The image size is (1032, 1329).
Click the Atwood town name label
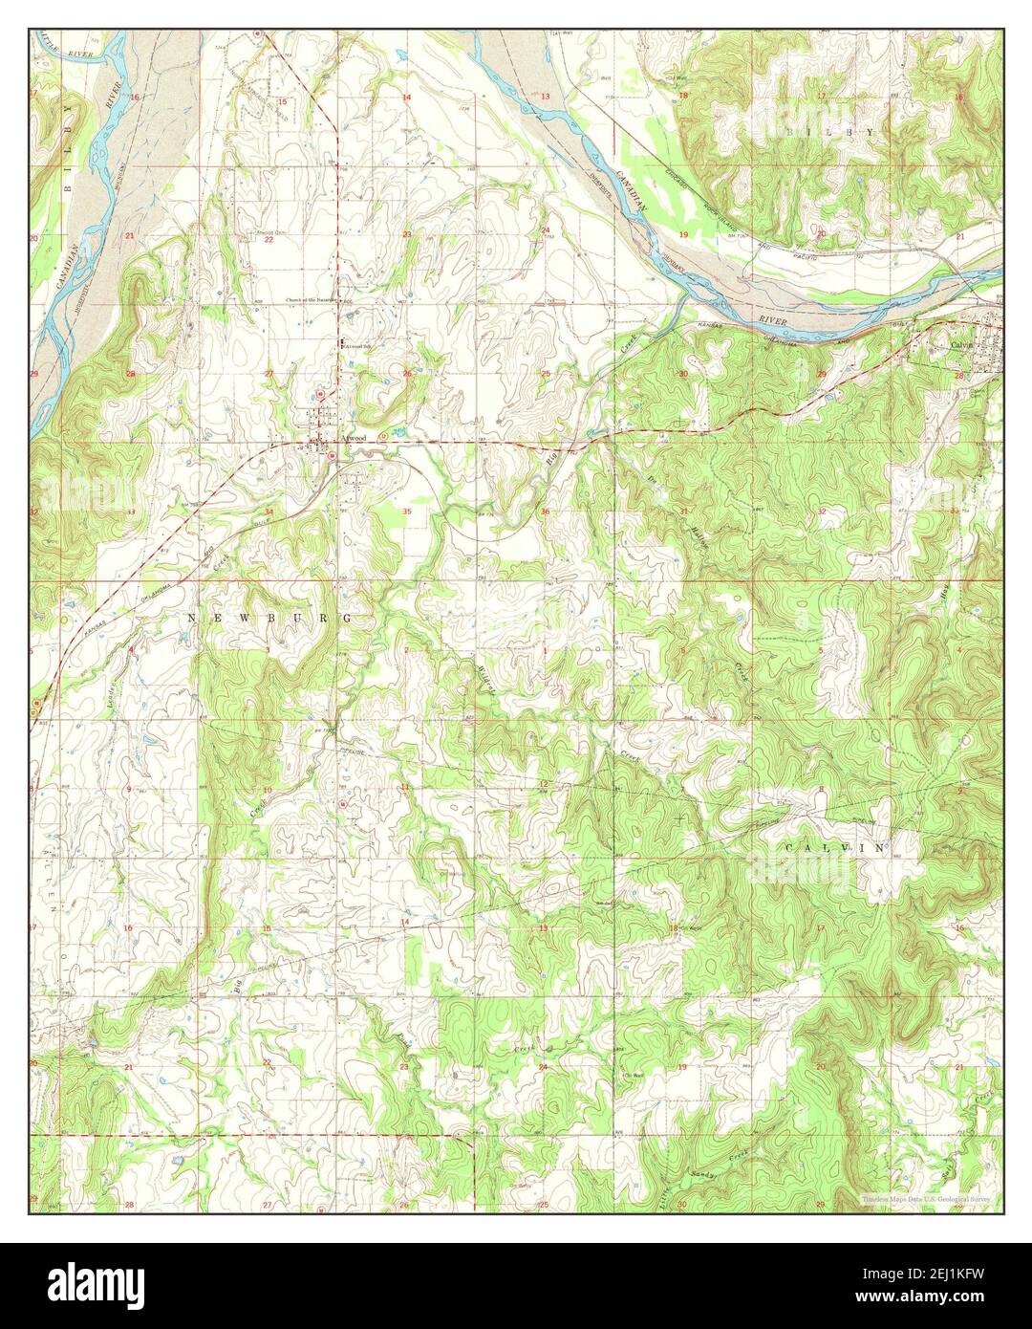pos(354,438)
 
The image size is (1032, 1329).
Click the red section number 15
pos(282,101)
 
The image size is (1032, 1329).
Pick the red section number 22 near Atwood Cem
pos(269,239)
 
